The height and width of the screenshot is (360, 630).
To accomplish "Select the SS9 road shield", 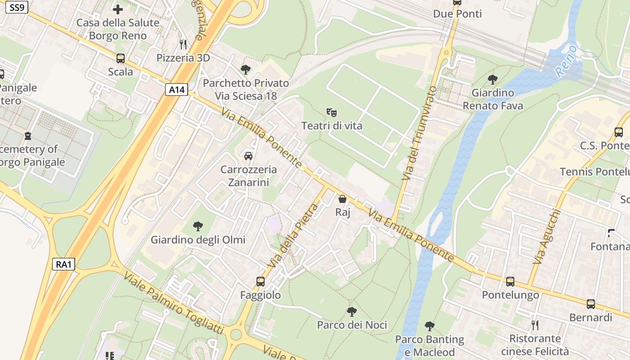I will pyautogui.click(x=17, y=7).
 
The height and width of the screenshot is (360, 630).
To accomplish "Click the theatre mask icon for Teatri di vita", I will pyautogui.click(x=332, y=112).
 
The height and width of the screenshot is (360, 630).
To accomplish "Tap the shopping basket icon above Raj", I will pyautogui.click(x=342, y=198).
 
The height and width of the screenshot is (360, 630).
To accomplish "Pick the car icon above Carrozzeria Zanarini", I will pyautogui.click(x=248, y=156).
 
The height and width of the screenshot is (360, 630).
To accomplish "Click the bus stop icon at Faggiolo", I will pyautogui.click(x=261, y=282).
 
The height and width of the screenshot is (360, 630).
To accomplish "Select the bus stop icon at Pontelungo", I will pyautogui.click(x=510, y=282).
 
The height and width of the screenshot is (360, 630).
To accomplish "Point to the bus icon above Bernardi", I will pyautogui.click(x=591, y=304).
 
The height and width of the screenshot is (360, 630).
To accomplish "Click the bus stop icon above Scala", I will pyautogui.click(x=121, y=58).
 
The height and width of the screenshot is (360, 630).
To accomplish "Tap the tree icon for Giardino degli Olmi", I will pyautogui.click(x=198, y=226).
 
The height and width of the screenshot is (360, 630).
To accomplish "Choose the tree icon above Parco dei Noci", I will pyautogui.click(x=352, y=311).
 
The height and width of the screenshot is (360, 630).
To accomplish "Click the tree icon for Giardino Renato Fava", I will pyautogui.click(x=493, y=80).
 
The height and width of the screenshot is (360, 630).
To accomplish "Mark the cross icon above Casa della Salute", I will pyautogui.click(x=118, y=9).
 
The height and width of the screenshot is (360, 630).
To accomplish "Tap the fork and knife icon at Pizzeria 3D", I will pyautogui.click(x=183, y=44).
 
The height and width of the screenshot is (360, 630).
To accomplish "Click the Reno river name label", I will pyautogui.click(x=566, y=61).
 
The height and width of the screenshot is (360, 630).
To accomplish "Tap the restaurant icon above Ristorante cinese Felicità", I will pyautogui.click(x=535, y=325).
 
